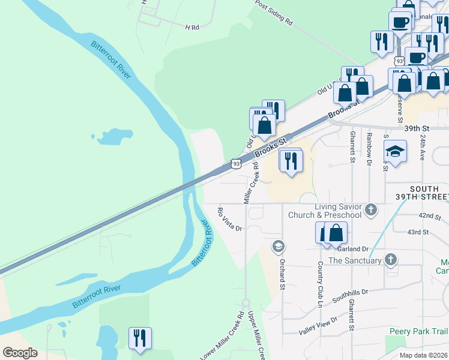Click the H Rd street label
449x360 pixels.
coord(192,28)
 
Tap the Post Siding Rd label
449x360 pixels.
coord(273,13)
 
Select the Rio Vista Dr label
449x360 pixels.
coord(229,220)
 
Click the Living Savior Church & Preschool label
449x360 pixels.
coord(325,211)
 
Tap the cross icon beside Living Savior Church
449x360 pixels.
coord(372,210)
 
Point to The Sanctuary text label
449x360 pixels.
coord(355,260)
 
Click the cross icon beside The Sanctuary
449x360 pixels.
coord(391,260)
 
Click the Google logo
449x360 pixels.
coord(20,353)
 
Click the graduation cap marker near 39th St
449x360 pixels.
coord(396,152)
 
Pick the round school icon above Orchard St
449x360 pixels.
coord(278,246)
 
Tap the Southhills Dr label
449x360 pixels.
coord(344,297)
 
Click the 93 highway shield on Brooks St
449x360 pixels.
coord(236,163)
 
